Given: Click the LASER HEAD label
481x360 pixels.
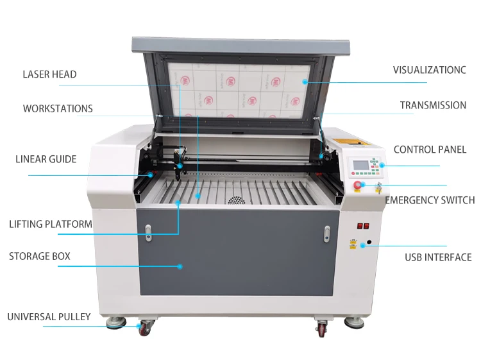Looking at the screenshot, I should (49, 74).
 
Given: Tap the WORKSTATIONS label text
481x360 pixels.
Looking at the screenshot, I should (58, 108).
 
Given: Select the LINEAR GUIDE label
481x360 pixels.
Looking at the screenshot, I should (46, 159).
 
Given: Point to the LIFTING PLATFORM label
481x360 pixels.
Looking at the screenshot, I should (51, 225).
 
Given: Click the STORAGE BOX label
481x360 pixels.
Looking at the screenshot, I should (40, 257).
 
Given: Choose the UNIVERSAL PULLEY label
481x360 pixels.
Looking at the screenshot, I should (49, 317).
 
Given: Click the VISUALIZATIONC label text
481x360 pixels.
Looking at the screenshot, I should (429, 70).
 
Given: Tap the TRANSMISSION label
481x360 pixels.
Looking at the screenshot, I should (433, 105).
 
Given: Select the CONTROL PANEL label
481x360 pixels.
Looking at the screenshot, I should (430, 150).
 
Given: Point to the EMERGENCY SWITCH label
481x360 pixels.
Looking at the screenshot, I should (430, 200).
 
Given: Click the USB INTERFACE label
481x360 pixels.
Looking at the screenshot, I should (438, 257).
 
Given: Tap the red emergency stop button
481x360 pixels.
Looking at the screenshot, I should (358, 185).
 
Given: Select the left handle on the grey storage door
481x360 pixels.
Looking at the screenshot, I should (149, 232).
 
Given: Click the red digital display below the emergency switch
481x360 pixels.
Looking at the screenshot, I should (363, 226).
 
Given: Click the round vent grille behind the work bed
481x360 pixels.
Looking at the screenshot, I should (238, 200).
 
